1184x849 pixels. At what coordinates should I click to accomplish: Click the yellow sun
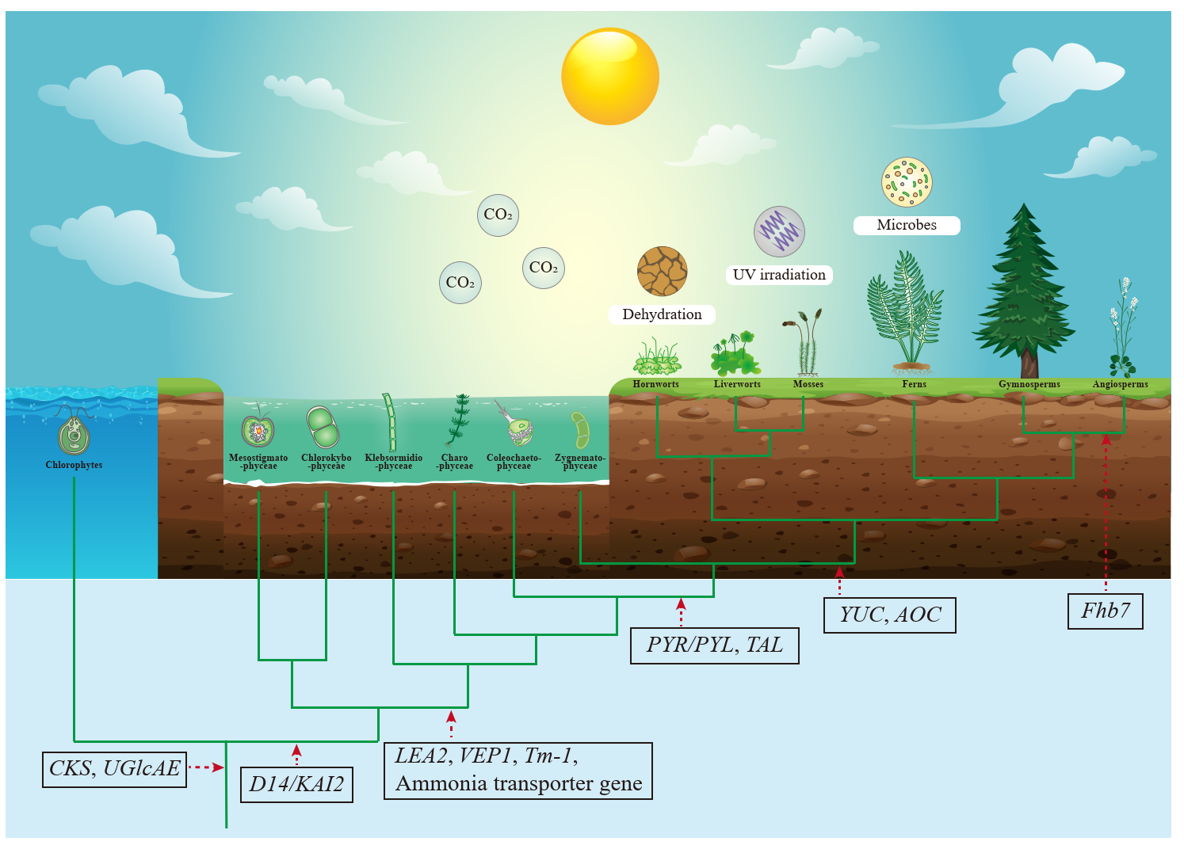coord(609,76)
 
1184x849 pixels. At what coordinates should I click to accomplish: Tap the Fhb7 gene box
coord(1105,611)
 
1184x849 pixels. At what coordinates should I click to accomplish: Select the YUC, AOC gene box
coord(889,615)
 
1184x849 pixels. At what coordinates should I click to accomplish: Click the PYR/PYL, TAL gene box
coord(714,645)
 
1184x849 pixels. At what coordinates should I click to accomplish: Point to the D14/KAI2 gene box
coord(296,785)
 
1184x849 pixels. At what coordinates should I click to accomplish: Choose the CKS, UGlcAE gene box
coord(114,769)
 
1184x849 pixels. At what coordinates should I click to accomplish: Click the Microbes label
coord(907,225)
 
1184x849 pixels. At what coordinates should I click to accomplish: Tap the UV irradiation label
coord(779,275)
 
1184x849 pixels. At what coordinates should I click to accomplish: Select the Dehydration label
coord(662,314)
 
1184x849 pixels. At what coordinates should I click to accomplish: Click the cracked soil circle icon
coord(662,271)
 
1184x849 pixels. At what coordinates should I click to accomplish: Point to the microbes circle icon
coord(907,182)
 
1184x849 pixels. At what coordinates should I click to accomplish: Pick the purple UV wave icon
coord(779,231)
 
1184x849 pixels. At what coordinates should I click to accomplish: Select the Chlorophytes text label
coord(74,465)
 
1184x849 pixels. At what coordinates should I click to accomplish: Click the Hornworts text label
coord(655,384)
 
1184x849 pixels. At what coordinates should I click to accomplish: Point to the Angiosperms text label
coord(1120,384)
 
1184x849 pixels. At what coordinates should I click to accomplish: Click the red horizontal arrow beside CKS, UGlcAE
coord(206,767)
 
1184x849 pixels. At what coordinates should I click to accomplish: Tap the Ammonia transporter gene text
coord(518,784)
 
